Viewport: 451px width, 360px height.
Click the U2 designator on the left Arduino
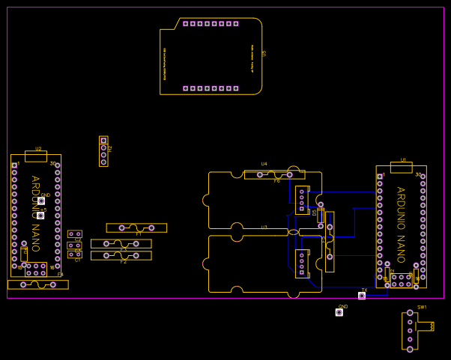coord(38,149)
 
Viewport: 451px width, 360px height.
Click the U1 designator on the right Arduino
coord(403,160)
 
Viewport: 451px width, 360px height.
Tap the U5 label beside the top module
coord(264,54)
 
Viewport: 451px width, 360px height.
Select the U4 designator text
coord(264,164)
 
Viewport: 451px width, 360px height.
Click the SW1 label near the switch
coord(422,307)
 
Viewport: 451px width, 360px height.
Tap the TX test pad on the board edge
coord(362,296)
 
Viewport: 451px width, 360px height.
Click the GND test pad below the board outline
coord(339,312)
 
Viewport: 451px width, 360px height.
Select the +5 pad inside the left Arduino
coord(40,216)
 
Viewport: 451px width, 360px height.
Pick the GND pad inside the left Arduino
coord(41,201)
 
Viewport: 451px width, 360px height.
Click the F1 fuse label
coord(139,234)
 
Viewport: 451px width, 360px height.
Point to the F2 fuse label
coord(124,261)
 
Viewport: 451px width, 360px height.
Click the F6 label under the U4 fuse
coord(276,180)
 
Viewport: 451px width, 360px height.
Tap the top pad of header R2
coord(103,141)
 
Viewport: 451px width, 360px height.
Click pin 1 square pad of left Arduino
coord(14,165)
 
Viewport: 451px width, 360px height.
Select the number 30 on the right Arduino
coord(418,174)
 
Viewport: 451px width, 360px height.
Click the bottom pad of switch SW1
coord(410,349)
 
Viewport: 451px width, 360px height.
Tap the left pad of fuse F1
coord(121,228)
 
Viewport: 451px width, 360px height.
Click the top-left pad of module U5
coord(185,23)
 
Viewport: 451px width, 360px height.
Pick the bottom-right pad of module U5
coord(236,88)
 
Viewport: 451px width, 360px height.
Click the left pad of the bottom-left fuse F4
coord(23,284)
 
